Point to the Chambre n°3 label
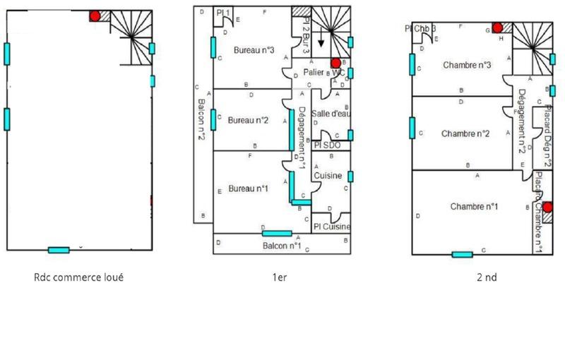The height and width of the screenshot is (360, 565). (x=467, y=65)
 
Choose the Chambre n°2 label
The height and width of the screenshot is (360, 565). (x=465, y=133)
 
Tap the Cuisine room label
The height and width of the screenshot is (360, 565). (x=328, y=176)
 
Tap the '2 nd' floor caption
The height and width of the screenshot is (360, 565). (x=487, y=277)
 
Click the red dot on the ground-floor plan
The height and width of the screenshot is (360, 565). (x=95, y=15)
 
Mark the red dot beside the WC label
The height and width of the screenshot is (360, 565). (x=335, y=63)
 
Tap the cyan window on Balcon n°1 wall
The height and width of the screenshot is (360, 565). (x=277, y=234)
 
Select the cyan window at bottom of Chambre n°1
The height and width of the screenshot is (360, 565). (x=463, y=254)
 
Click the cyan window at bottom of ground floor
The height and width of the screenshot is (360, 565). (x=59, y=250)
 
